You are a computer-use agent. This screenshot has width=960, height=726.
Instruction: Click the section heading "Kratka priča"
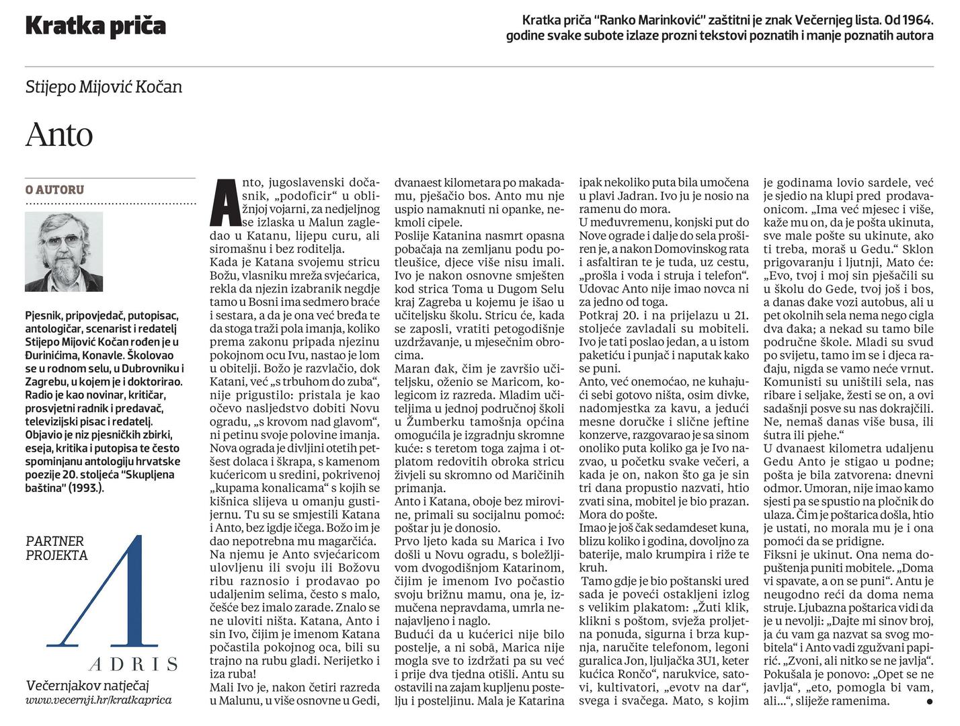[x=95, y=26]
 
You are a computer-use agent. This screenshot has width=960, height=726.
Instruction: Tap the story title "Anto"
[x=59, y=134]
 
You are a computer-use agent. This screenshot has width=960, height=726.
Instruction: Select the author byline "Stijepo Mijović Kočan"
[x=104, y=87]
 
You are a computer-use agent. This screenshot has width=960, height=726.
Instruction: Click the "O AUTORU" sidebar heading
[x=54, y=190]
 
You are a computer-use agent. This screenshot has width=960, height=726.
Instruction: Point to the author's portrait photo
[x=64, y=251]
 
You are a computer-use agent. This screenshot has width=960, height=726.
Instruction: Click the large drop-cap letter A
[x=223, y=201]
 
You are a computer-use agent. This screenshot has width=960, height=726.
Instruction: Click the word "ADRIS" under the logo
[x=133, y=664]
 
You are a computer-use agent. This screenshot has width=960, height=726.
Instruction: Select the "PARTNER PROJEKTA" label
[x=56, y=548]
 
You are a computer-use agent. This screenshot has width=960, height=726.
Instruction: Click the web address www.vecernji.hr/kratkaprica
[x=98, y=700]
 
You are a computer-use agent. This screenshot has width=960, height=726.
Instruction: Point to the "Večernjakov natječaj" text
[x=87, y=685]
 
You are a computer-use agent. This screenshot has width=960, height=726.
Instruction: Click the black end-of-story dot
[x=929, y=701]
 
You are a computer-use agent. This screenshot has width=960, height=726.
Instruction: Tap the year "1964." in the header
[x=916, y=19]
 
